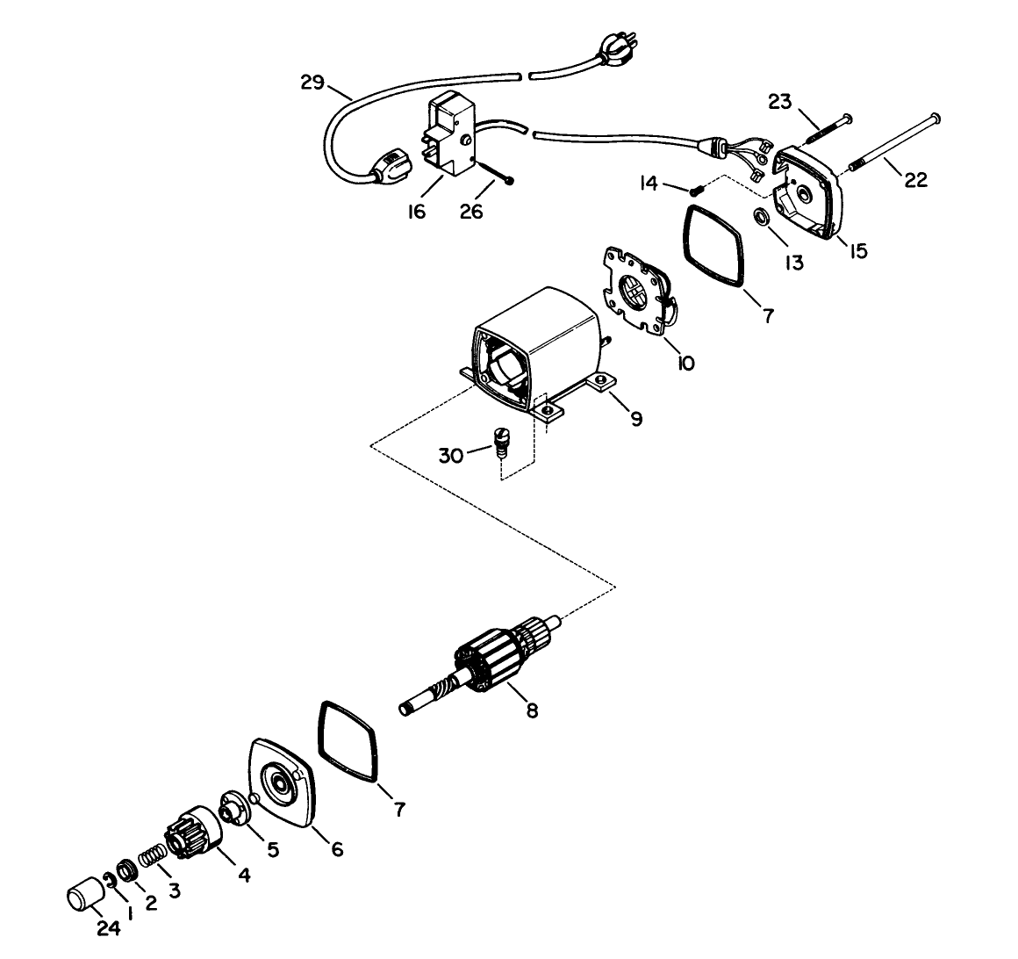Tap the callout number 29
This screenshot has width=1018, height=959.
coord(312,83)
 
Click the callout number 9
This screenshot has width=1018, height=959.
coord(636,419)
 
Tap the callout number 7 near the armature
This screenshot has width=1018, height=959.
coord(399,810)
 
